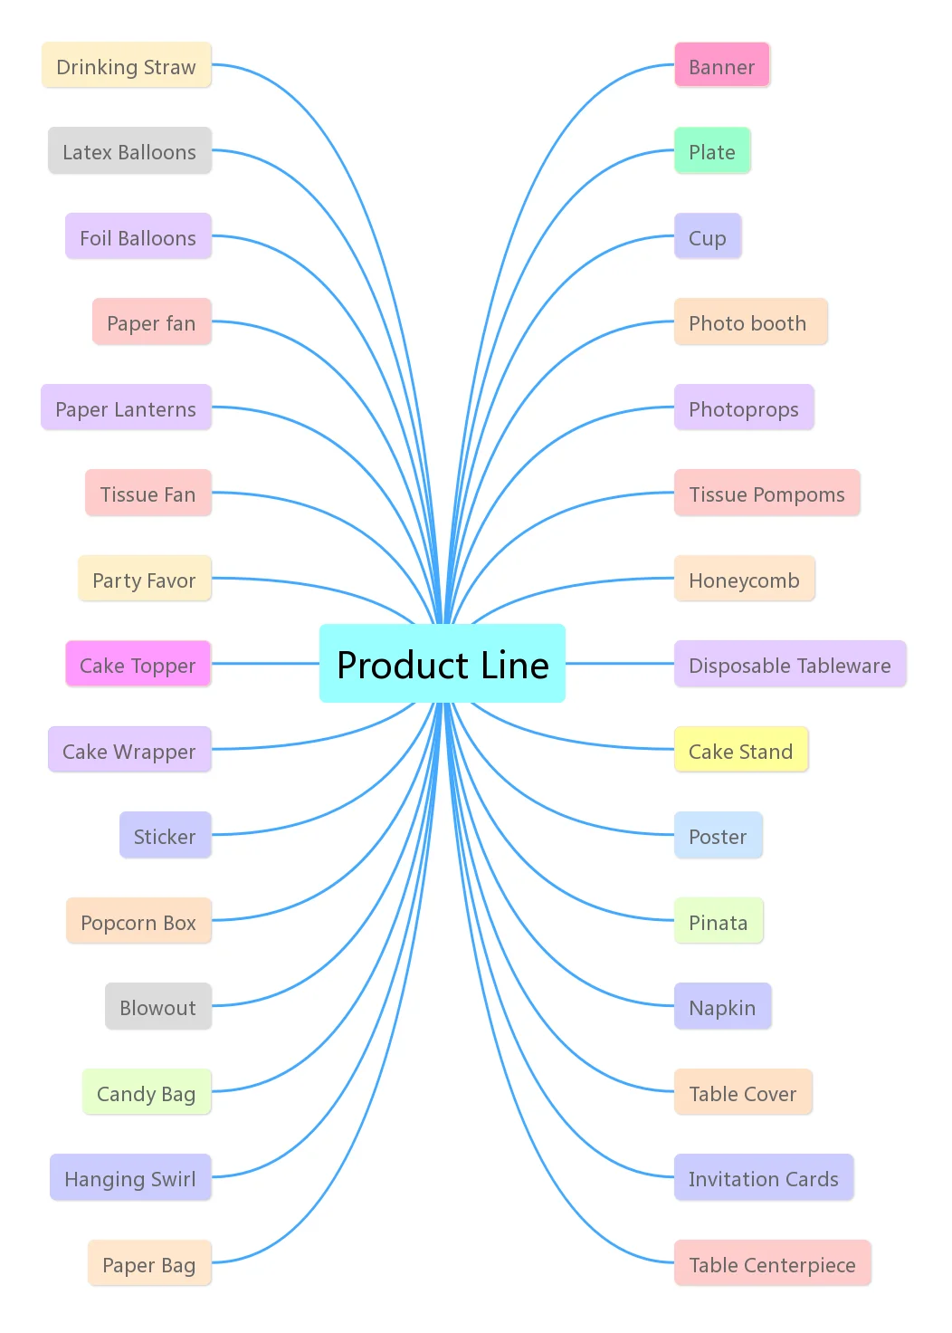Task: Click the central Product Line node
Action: point(443,664)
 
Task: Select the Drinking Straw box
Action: point(127,66)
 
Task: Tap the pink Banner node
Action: point(722,66)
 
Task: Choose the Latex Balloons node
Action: point(129,151)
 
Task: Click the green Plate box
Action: point(712,151)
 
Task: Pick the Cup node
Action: point(708,237)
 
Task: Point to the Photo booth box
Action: point(750,322)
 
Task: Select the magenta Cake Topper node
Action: point(138,665)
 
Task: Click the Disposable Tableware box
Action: point(789,665)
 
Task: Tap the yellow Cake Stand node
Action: point(740,751)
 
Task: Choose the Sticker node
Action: point(165,836)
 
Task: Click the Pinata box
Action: point(719,922)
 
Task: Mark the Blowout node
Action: point(158,1007)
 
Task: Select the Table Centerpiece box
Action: point(772,1264)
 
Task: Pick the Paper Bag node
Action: point(149,1264)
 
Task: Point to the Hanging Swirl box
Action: point(130,1178)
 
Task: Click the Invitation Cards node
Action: point(763,1178)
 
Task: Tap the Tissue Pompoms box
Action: point(766,494)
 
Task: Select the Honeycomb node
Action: point(744,580)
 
